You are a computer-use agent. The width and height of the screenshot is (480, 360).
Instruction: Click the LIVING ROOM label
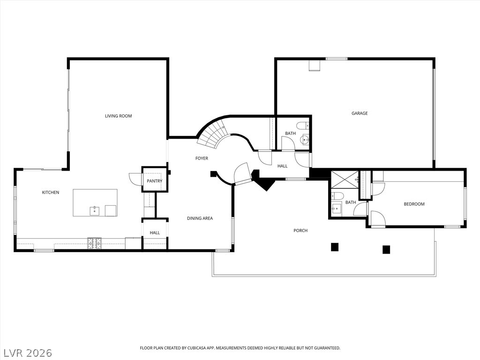click(x=119, y=116)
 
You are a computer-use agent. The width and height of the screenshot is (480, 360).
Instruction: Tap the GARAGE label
click(x=360, y=113)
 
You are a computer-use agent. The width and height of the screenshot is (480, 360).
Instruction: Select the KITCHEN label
click(x=51, y=192)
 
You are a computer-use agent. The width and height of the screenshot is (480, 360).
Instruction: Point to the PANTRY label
click(x=155, y=181)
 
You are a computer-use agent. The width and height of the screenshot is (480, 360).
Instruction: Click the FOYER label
click(x=202, y=158)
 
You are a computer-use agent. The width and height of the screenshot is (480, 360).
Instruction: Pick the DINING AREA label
click(x=200, y=218)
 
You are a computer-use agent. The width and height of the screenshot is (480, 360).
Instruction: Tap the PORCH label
click(x=300, y=231)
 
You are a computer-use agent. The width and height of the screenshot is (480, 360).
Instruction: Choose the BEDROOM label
click(x=414, y=204)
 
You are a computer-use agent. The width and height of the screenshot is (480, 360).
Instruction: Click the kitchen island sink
click(x=95, y=211)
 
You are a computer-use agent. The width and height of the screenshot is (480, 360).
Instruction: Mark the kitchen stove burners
click(x=94, y=243)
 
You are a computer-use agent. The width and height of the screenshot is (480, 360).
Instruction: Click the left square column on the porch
click(x=335, y=247)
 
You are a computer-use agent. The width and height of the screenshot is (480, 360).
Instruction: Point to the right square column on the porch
click(x=386, y=250)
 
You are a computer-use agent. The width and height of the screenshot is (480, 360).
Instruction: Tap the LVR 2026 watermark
click(x=26, y=353)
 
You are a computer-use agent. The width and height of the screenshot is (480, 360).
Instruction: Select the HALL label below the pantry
click(x=155, y=232)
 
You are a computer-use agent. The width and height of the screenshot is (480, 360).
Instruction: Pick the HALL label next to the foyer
click(x=282, y=166)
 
